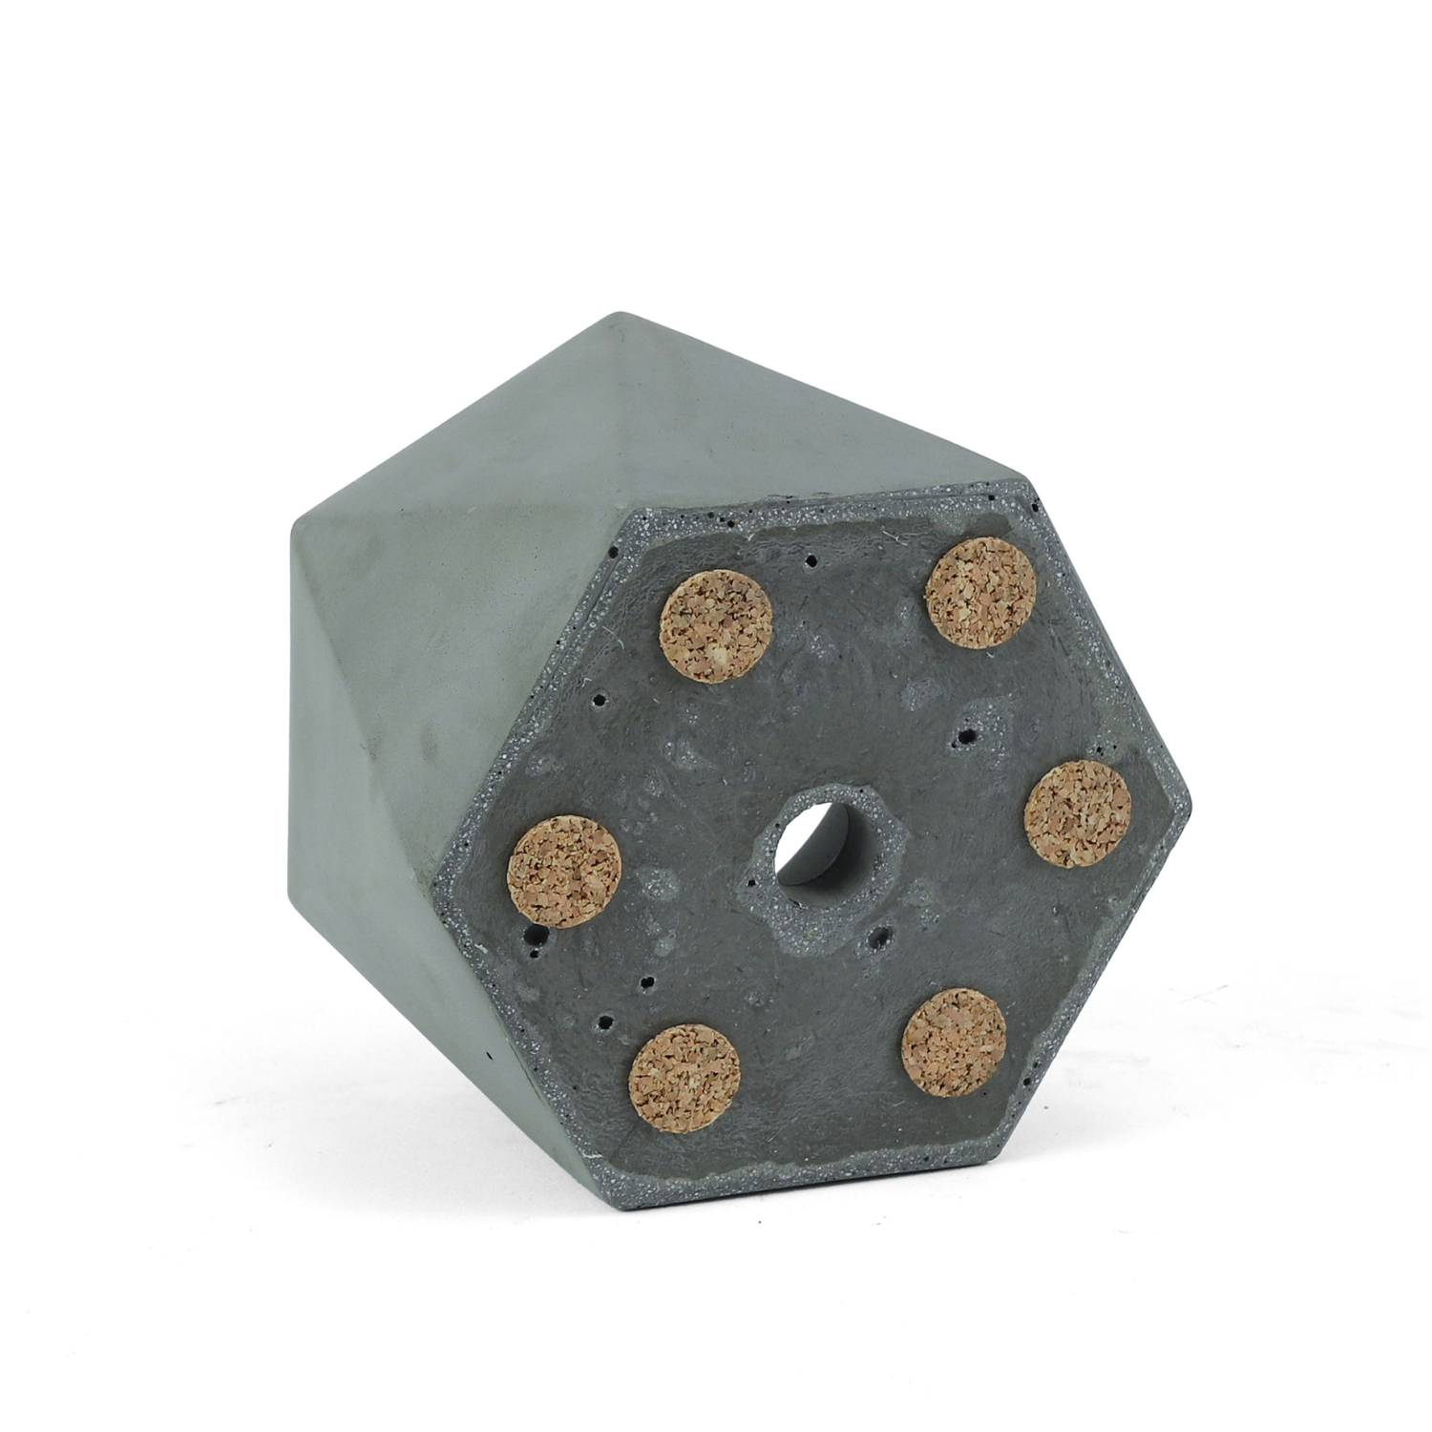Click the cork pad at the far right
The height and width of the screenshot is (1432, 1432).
point(1077,814)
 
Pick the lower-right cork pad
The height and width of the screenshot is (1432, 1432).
point(954,1040)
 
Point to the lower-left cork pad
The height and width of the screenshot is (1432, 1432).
point(685,1077)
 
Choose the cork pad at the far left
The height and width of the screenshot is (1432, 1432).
point(564,872)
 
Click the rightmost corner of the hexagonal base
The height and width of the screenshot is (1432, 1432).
point(1191,795)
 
